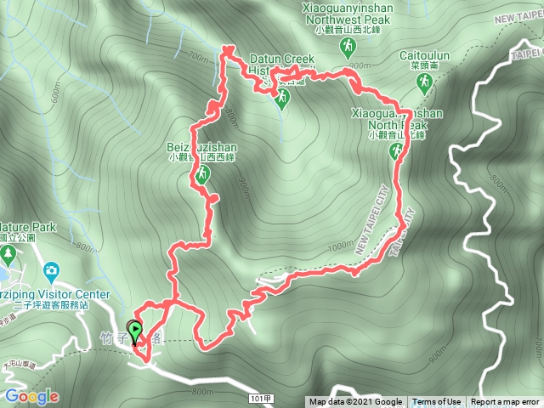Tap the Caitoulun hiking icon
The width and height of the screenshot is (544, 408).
(422, 82)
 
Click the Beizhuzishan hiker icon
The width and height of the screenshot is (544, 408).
(202, 175)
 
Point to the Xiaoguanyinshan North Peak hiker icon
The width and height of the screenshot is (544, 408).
(395, 151)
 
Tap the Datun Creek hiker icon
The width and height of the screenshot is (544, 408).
(282, 98)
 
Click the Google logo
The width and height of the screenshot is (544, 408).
(31, 397)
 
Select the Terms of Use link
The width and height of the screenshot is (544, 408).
(437, 402)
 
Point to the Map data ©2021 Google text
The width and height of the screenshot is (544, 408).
(355, 402)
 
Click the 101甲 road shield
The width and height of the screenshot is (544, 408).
(262, 397)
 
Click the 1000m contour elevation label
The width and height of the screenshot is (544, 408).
(338, 245)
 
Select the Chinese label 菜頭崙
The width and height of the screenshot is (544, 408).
(422, 65)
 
